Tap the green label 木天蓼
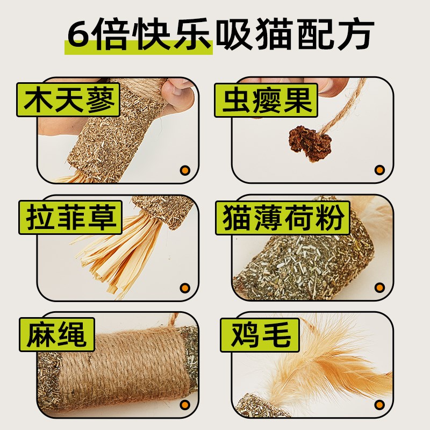point(68,100)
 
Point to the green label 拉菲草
point(68,217)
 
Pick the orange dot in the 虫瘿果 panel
point(380,170)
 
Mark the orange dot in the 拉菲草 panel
point(185,288)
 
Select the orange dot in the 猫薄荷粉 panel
point(380,288)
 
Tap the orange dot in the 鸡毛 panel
point(380,405)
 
